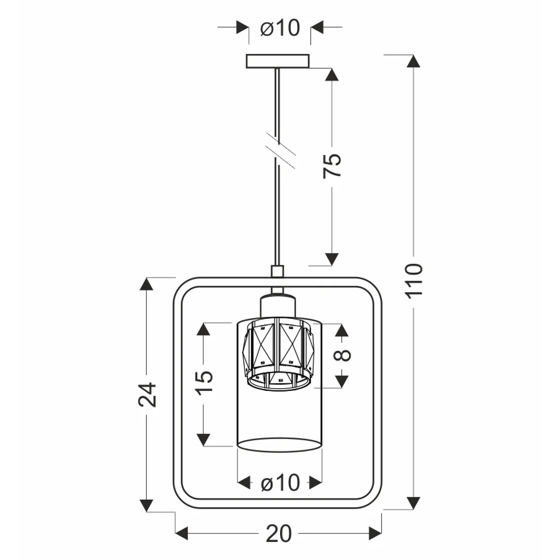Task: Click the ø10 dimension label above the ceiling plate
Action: pyautogui.click(x=280, y=27)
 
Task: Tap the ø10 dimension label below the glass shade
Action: pyautogui.click(x=281, y=483)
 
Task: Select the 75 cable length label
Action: pyautogui.click(x=332, y=166)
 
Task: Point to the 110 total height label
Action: pyautogui.click(x=414, y=279)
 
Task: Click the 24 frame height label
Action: pyautogui.click(x=147, y=395)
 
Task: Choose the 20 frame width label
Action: pyautogui.click(x=279, y=534)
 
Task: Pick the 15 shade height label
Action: pyautogui.click(x=205, y=382)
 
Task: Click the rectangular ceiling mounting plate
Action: pyautogui.click(x=277, y=61)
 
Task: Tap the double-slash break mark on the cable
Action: pyautogui.click(x=281, y=150)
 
